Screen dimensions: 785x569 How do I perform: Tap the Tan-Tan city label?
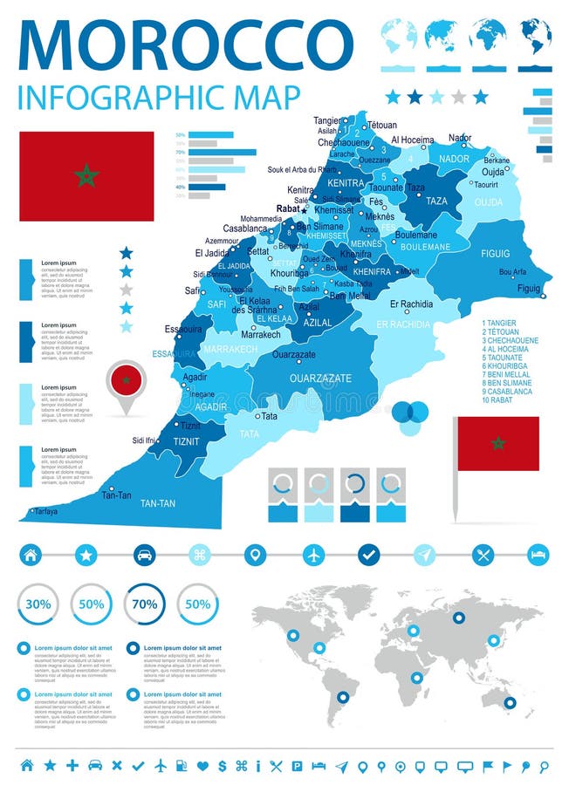(116, 495)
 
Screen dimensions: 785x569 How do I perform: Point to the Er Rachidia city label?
(411, 304)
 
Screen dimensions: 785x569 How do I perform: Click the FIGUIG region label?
(496, 253)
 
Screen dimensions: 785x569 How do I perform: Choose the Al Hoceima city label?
(412, 140)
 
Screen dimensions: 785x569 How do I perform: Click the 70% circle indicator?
(144, 604)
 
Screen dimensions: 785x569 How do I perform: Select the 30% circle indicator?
(38, 604)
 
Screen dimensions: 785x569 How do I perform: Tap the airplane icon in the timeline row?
(314, 554)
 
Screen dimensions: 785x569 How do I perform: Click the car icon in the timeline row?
(145, 554)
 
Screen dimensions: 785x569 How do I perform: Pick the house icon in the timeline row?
(31, 554)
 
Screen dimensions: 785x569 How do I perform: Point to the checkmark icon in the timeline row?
(369, 554)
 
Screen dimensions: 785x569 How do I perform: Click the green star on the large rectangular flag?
(86, 176)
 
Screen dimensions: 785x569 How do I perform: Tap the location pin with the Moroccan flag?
(127, 381)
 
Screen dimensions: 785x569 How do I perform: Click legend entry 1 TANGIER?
(503, 323)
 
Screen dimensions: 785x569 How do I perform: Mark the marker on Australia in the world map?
(510, 702)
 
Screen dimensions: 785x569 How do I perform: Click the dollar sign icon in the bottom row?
(223, 766)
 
